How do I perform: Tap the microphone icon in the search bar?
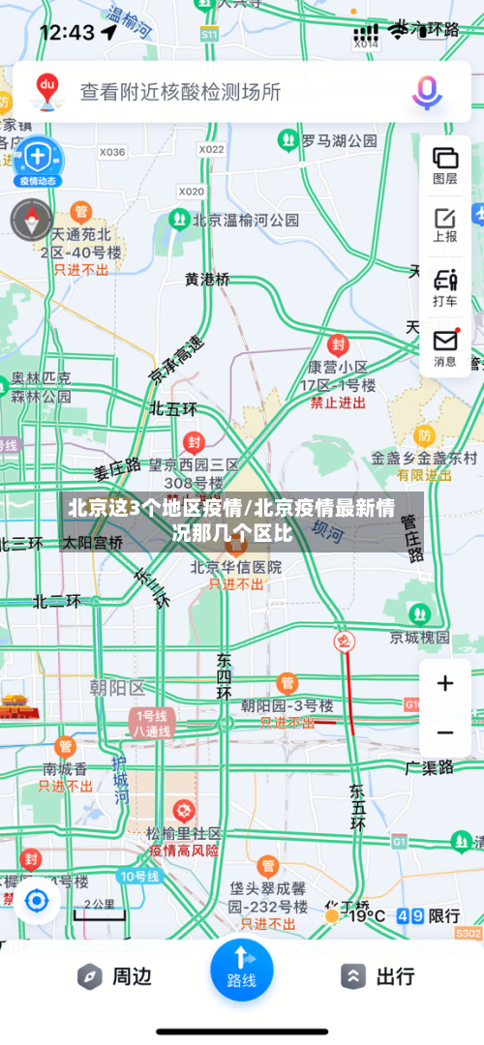tap(427, 92)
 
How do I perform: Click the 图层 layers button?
tap(445, 164)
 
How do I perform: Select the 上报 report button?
tap(445, 224)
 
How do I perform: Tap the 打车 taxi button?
tap(445, 286)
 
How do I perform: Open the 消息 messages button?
tap(445, 346)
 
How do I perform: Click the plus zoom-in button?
tap(445, 684)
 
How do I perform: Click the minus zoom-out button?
tap(445, 732)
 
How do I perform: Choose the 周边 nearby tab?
tap(116, 976)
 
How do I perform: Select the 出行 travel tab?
tap(379, 976)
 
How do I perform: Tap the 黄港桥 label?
tap(208, 280)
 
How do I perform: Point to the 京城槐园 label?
tap(419, 637)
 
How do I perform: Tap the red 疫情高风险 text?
tap(184, 851)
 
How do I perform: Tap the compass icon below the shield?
tap(31, 220)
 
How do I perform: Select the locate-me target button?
tap(37, 901)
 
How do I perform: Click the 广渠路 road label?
tap(429, 767)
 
